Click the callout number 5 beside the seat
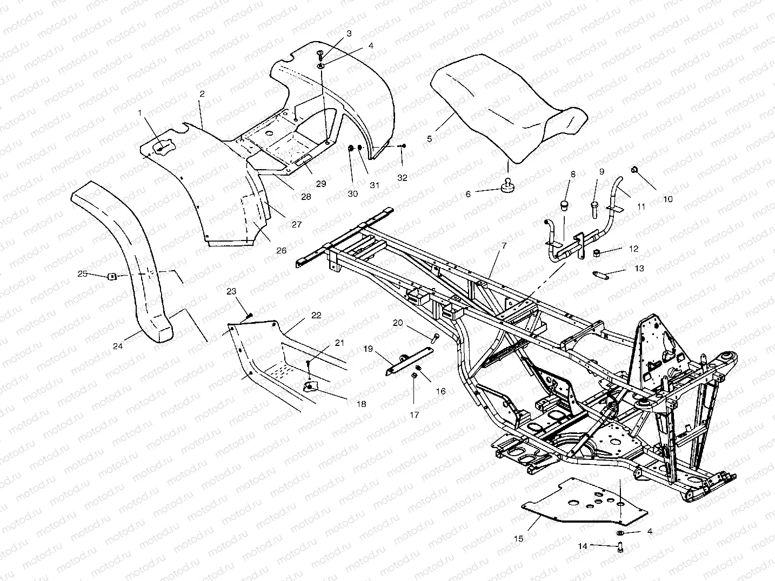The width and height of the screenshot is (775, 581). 430,139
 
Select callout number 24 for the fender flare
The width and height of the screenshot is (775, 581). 117,346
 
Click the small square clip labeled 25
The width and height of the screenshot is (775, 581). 112,277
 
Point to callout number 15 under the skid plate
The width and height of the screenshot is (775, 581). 519,539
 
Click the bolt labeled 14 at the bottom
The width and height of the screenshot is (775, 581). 620,548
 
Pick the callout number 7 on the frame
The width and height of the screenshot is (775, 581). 504,245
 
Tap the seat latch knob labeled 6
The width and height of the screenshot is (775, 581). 509,186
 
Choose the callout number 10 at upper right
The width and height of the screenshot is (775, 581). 668,199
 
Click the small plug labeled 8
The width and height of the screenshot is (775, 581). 564,205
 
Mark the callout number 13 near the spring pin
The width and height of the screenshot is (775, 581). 639,269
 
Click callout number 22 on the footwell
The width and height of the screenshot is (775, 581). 316,315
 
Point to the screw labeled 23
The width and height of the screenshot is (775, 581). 249,316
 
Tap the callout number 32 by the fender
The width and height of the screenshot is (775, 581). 402,178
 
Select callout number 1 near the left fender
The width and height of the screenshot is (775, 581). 140,113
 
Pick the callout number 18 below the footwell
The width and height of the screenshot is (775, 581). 360,404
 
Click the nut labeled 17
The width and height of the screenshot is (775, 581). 414,376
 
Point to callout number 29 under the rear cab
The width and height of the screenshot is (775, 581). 321,184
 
